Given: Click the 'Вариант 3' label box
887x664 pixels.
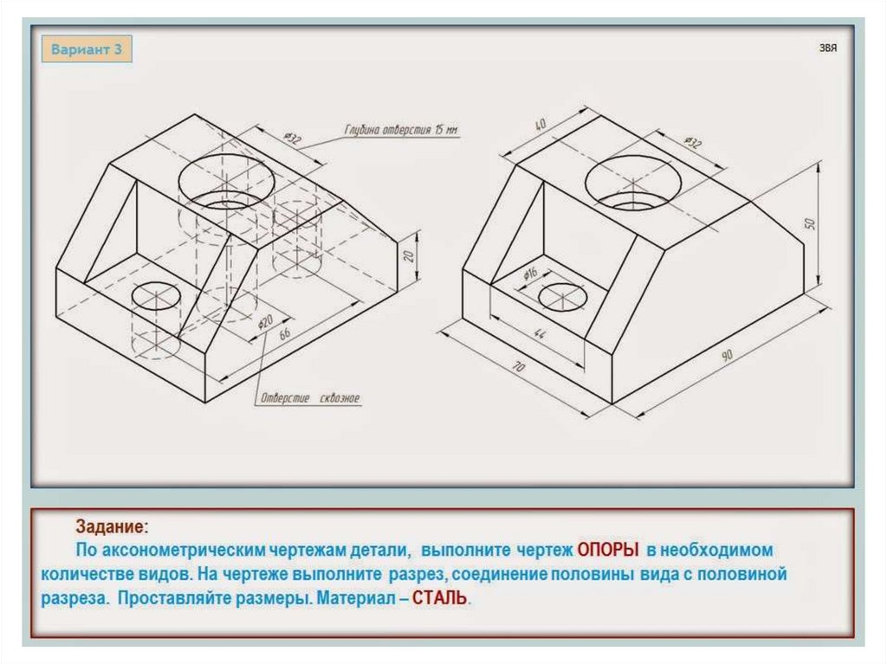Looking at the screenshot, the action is (87, 49).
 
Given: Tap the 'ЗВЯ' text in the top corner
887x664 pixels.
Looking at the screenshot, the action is (828, 49).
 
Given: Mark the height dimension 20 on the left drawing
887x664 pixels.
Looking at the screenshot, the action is (410, 255).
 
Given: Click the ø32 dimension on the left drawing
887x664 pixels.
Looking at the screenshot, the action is (292, 138).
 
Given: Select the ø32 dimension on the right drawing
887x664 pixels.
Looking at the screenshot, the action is (692, 143).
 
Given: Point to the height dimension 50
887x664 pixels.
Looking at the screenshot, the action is (811, 223).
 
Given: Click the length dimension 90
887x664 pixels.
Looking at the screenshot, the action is (726, 356).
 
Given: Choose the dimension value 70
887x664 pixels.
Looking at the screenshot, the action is (518, 367).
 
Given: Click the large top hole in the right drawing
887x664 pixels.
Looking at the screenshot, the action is (631, 183).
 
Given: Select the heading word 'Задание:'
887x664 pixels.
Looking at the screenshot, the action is (112, 527).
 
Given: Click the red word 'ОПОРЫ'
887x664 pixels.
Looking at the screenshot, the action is (608, 551).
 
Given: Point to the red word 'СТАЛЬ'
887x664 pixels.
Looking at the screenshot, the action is (441, 598).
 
